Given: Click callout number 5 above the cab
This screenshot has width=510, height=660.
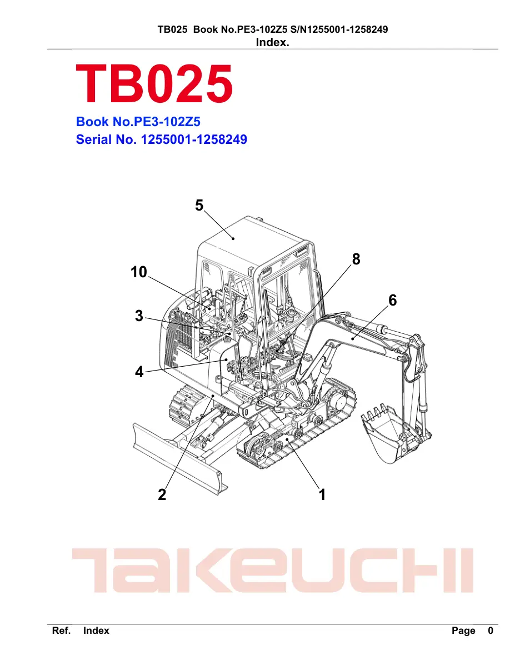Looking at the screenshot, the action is pos(199,206).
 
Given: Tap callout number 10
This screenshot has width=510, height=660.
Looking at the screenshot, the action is pos(139,272).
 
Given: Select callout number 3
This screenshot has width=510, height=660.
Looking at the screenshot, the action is pos(139,316).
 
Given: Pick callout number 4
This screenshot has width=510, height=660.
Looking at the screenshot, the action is pos(139,372).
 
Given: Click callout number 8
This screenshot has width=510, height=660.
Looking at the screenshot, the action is pos(356,259).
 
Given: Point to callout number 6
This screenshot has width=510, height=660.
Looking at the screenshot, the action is pos(393,300).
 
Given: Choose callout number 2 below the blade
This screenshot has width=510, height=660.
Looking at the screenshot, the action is pos(162,494).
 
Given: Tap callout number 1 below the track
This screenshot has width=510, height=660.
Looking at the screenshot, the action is pos(322,494).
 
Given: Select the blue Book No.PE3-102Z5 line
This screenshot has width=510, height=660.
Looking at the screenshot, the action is pos(138,122).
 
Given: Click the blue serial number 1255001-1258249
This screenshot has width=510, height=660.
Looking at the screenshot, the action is pos(194,139).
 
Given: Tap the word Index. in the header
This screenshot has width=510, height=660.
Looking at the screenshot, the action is pos(272,42).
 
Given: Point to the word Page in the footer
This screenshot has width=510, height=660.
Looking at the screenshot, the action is pos(463,631).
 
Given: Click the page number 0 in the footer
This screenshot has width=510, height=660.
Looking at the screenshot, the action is pos(490,631).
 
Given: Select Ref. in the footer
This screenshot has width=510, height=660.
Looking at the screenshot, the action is pos(61,631).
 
